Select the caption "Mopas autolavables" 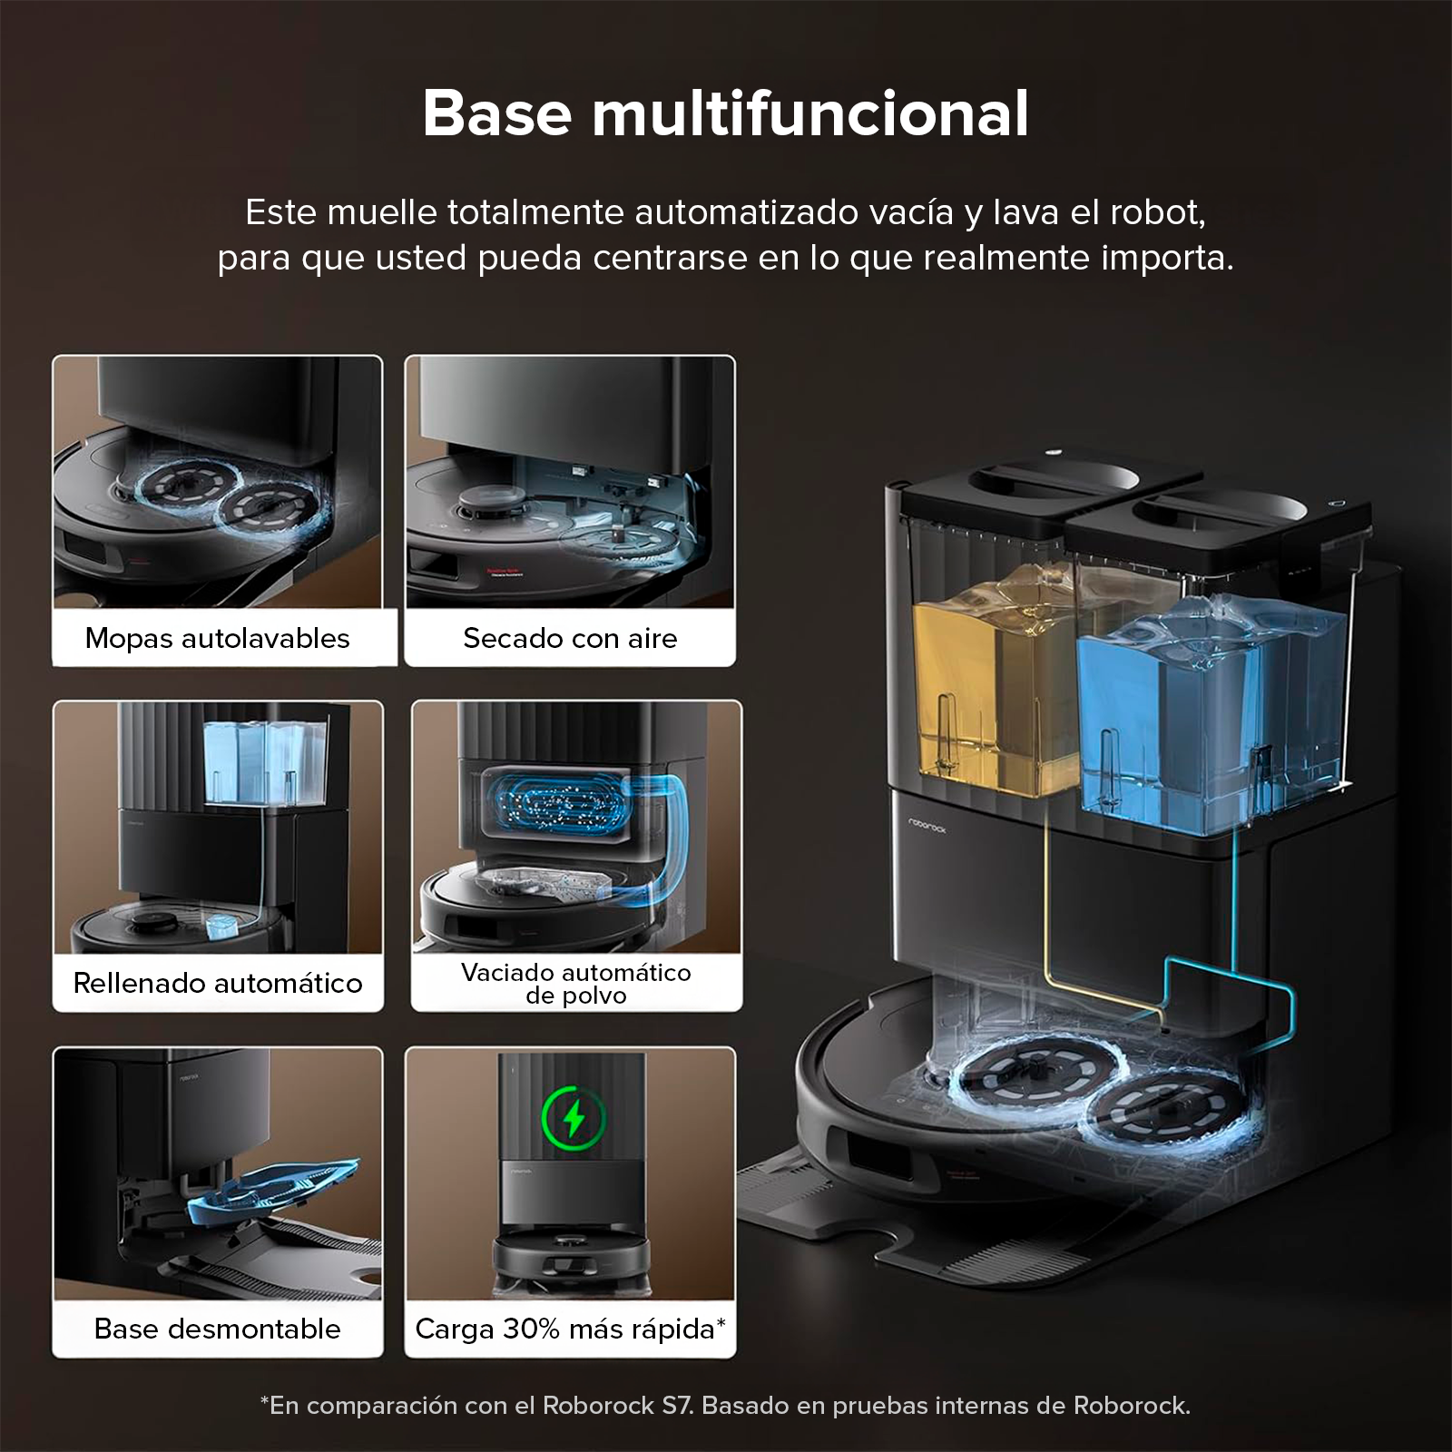[x=217, y=638]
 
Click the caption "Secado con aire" [x=570, y=638]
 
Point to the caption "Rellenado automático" [x=218, y=983]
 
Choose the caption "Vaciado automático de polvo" [x=576, y=984]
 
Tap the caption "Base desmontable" [x=218, y=1329]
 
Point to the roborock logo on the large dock [x=927, y=825]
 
